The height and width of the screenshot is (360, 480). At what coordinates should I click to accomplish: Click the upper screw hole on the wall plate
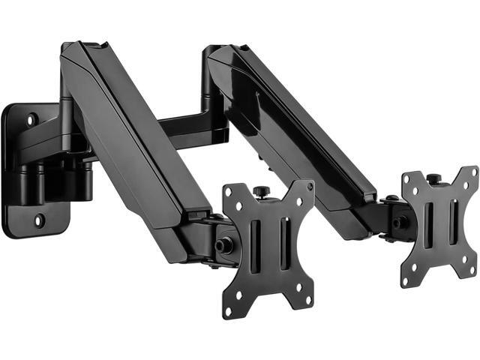pos(31,118)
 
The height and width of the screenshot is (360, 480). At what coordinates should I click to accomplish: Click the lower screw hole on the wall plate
pos(39,220)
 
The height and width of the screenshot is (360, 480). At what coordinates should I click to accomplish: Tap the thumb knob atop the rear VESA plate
pos(433,179)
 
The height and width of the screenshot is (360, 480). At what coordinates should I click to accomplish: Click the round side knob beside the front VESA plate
pos(223,245)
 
